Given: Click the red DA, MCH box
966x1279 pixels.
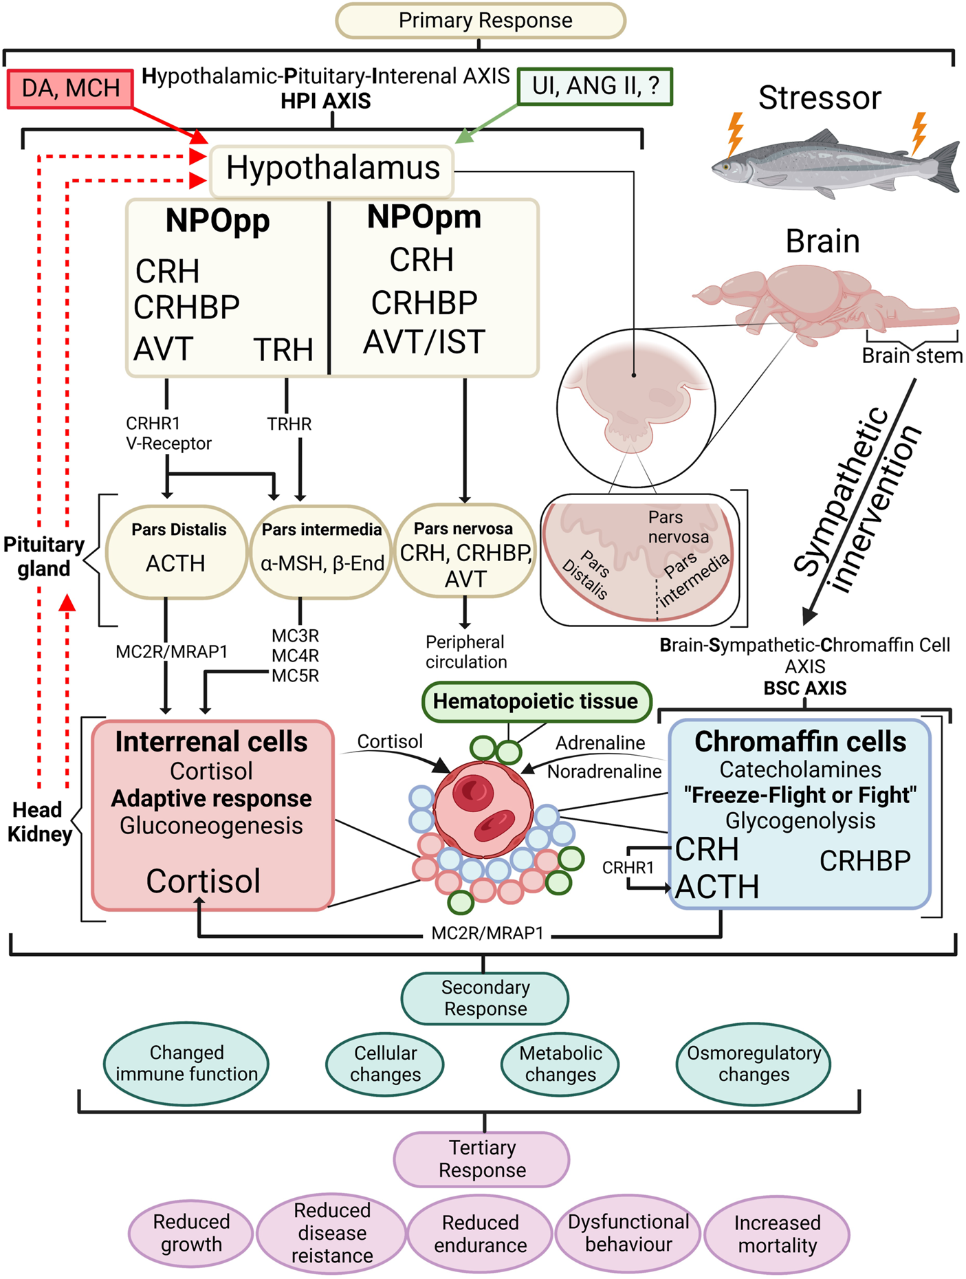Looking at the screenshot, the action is pos(69,89).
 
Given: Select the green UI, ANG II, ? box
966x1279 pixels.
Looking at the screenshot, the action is pos(595,86).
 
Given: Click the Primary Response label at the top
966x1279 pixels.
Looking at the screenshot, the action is pos(481,21).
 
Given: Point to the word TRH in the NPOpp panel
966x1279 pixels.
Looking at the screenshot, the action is pos(283,350).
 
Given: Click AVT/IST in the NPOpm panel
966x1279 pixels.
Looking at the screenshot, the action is pos(424,342).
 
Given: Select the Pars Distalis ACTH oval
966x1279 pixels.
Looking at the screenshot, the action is pos(177,551).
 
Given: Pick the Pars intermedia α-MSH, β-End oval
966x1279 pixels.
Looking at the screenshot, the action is pos(321,551).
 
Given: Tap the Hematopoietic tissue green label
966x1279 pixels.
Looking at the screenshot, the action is pos(536,701).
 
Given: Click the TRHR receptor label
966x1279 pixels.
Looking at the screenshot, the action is pos(289,424).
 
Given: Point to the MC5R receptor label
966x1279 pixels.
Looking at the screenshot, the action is pos(296,676).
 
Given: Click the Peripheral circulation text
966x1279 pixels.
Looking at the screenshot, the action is pos(466,652).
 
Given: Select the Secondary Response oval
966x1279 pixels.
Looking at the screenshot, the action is pos(485,998).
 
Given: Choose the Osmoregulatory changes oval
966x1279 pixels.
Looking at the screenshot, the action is pos(754,1064).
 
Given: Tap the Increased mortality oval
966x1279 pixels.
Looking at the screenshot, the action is pos(777,1234).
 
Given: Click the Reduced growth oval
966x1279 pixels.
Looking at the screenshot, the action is pos(191,1233).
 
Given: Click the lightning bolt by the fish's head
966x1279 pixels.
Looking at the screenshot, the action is pos(735,134).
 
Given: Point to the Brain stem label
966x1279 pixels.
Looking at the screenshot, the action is pos(912,356).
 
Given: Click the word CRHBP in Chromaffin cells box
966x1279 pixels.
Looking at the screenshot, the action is pos(865,861).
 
